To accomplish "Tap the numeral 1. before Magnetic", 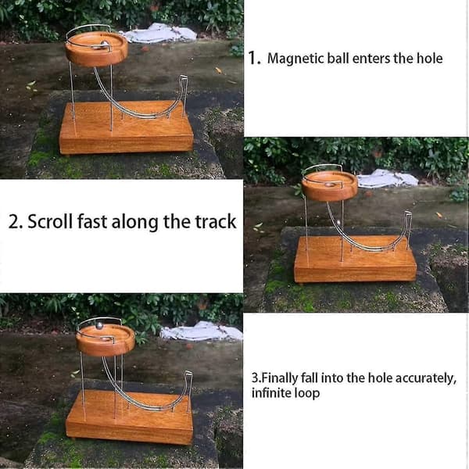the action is pyautogui.click(x=255, y=58).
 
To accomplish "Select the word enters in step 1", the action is pyautogui.click(x=371, y=59).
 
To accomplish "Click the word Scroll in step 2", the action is pyautogui.click(x=50, y=222).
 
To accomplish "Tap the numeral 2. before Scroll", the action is pyautogui.click(x=16, y=222).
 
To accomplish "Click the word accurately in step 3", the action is pyautogui.click(x=426, y=378).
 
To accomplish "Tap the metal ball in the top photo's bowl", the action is pyautogui.click(x=105, y=45).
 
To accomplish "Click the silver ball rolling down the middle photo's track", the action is pyautogui.click(x=338, y=222).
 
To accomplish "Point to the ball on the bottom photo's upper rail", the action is pyautogui.click(x=99, y=325).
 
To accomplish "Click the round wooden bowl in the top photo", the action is pyautogui.click(x=97, y=48).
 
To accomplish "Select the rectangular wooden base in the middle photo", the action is pyautogui.click(x=356, y=259).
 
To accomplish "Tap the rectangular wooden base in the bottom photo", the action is pyautogui.click(x=130, y=417).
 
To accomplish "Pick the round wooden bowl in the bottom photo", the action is pyautogui.click(x=106, y=340).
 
